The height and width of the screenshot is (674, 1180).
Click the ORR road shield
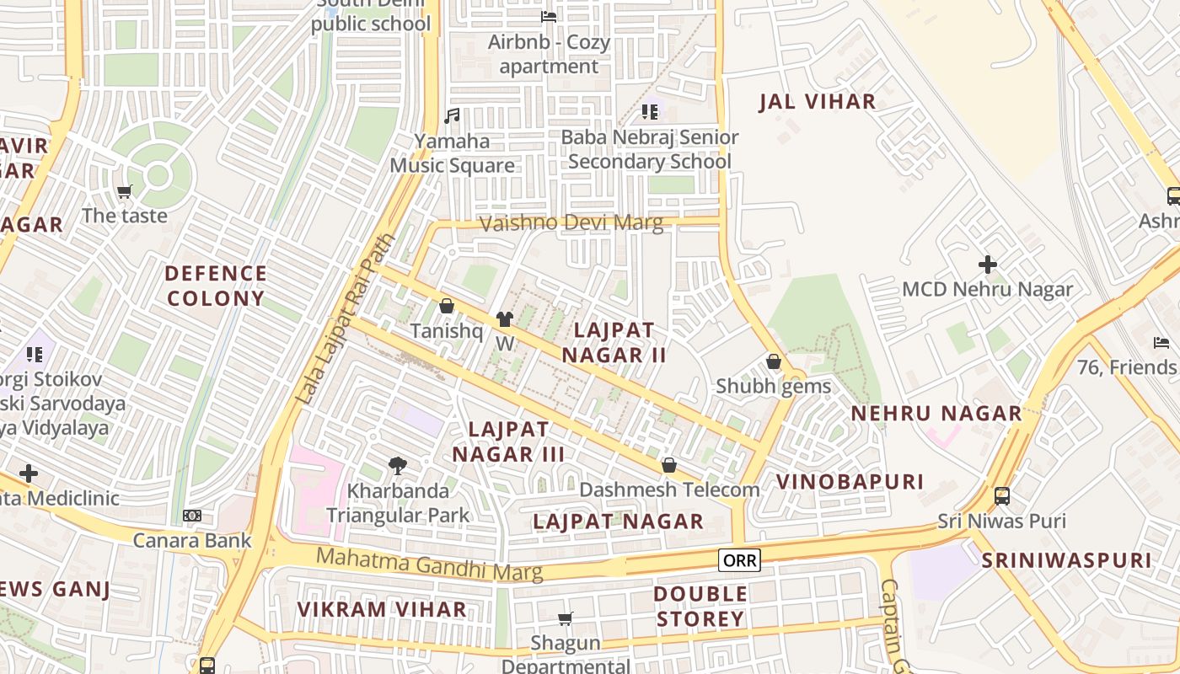pyautogui.click(x=740, y=560)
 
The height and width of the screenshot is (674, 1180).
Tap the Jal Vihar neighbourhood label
pyautogui.click(x=817, y=102)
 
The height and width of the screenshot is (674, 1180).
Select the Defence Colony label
pyautogui.click(x=216, y=286)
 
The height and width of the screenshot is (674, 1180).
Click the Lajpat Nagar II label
pyautogui.click(x=614, y=343)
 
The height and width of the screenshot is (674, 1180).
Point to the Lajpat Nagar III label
pyautogui.click(x=508, y=441)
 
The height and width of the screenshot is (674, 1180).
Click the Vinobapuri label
pyautogui.click(x=850, y=482)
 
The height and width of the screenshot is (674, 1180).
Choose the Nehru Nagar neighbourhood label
pyautogui.click(x=936, y=414)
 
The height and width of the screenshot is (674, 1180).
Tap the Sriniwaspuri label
pyautogui.click(x=1065, y=560)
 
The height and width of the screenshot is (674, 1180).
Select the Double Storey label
pyautogui.click(x=700, y=607)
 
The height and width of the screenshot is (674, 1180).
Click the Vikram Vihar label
pyautogui.click(x=382, y=609)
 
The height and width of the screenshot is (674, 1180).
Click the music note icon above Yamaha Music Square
pyautogui.click(x=452, y=116)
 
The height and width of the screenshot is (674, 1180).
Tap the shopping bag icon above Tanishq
pyautogui.click(x=447, y=306)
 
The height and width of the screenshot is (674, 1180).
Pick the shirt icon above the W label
pyautogui.click(x=504, y=318)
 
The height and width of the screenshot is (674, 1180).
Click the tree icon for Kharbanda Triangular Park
pyautogui.click(x=397, y=464)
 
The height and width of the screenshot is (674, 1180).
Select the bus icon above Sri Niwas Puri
pyautogui.click(x=1002, y=495)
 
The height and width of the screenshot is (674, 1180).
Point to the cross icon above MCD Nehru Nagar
pyautogui.click(x=987, y=265)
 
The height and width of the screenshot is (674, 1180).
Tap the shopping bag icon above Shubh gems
pyautogui.click(x=773, y=361)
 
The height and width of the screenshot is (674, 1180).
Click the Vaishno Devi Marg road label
pyautogui.click(x=571, y=223)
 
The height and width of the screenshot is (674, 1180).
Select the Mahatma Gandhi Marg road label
pyautogui.click(x=429, y=564)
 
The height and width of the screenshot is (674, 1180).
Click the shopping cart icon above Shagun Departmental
pyautogui.click(x=566, y=619)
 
